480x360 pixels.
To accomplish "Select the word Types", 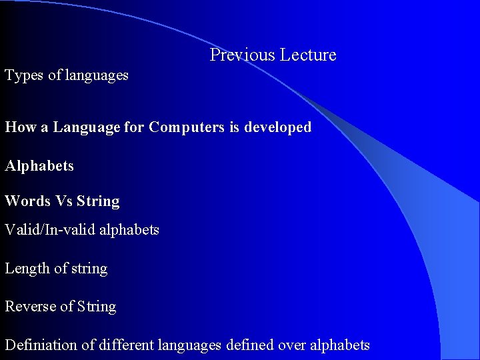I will click(x=25, y=75).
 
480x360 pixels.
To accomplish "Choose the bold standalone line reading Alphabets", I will click(x=39, y=165).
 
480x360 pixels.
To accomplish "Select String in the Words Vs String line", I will click(x=98, y=201).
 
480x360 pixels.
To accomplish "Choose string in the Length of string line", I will click(x=89, y=268).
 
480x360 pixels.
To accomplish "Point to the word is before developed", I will click(x=234, y=127).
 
